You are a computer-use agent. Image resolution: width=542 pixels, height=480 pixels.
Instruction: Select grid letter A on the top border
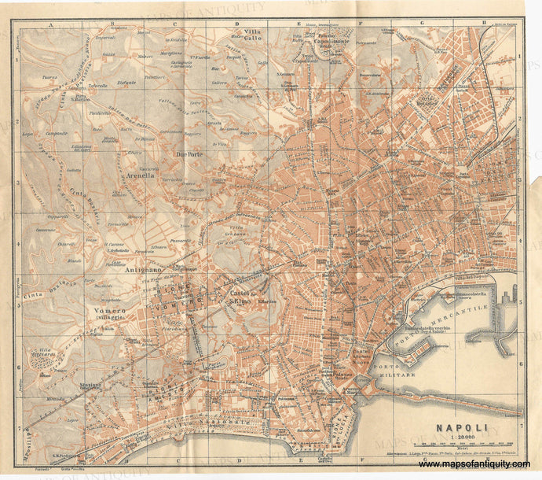click(x=48, y=24)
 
